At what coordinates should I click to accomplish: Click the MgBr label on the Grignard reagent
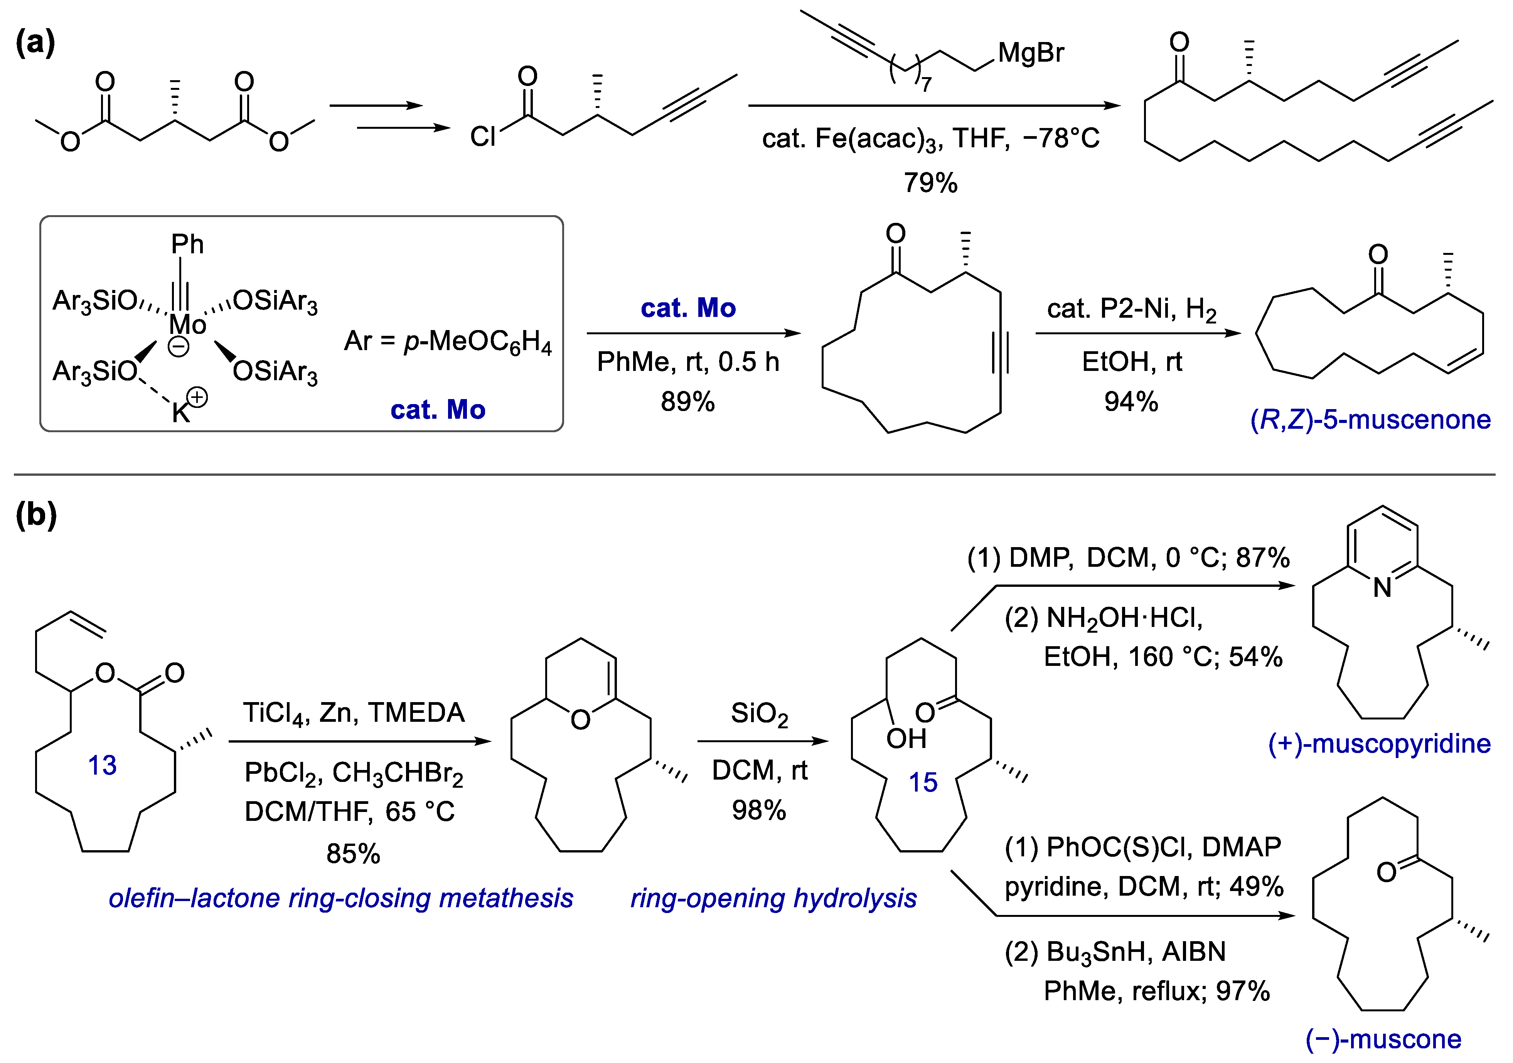tap(1030, 53)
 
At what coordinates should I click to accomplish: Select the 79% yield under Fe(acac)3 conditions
tap(930, 182)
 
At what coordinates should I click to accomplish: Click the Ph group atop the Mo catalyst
tap(187, 244)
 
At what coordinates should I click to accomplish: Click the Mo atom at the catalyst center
tap(187, 324)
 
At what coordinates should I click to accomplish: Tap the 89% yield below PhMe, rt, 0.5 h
tap(687, 401)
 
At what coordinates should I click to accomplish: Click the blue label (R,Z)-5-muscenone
tap(1370, 420)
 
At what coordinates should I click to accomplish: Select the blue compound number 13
tap(102, 765)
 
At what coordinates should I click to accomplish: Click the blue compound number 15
tap(923, 782)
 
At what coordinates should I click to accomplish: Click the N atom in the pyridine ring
tap(1382, 587)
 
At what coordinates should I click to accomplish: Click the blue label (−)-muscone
tap(1383, 1039)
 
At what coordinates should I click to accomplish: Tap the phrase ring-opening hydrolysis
tap(773, 898)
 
